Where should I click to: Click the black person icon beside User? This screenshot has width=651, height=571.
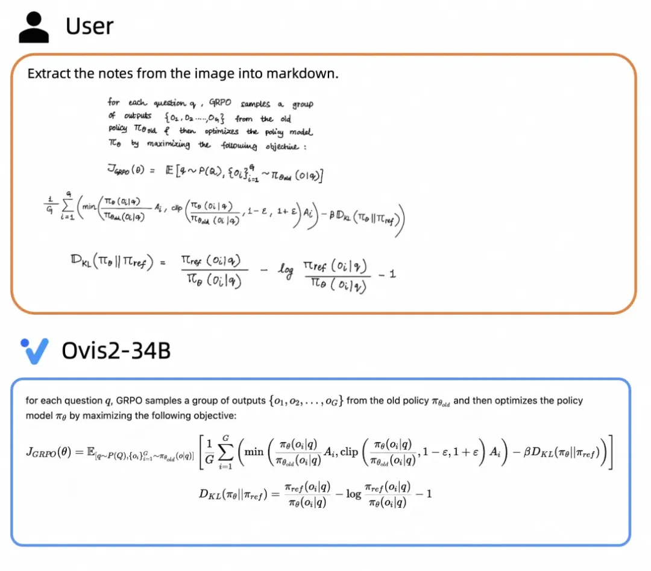[x=34, y=27]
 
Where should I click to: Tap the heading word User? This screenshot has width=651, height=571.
[x=89, y=26]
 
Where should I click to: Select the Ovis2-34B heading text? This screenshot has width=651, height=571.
[x=116, y=350]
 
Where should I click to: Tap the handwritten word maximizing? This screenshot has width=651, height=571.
[x=165, y=145]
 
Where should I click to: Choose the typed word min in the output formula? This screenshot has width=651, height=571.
[x=254, y=451]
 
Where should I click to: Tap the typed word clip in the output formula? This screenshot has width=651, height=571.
[x=349, y=451]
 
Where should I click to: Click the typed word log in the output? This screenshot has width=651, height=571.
[x=353, y=494]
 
